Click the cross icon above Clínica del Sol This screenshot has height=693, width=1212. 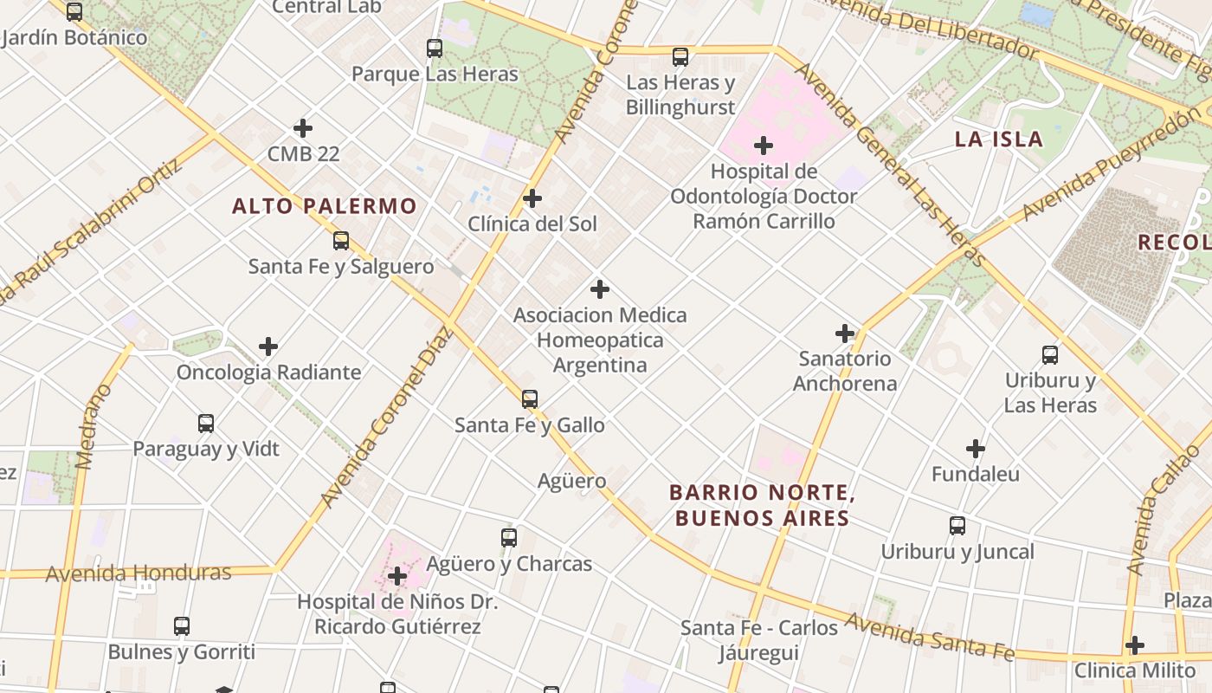click(x=532, y=198)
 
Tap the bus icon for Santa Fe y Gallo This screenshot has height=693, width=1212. click(x=530, y=399)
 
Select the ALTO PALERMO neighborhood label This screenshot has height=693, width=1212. click(x=325, y=206)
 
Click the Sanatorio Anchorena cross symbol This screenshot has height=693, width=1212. click(x=845, y=333)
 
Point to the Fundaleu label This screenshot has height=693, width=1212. click(x=976, y=474)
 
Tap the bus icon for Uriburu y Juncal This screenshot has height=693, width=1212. click(x=957, y=526)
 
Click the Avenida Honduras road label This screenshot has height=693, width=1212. click(x=139, y=573)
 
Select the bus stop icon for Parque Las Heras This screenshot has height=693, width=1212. click(x=435, y=49)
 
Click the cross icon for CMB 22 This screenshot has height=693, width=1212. click(x=303, y=128)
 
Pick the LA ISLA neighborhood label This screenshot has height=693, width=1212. click(x=998, y=139)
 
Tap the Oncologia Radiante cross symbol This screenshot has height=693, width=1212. click(x=268, y=346)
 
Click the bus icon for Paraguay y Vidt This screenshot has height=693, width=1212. click(x=206, y=424)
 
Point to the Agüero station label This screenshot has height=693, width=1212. click(x=571, y=481)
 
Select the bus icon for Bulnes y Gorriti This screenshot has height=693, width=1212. click(x=182, y=626)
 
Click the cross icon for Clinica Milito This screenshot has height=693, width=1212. click(x=1135, y=645)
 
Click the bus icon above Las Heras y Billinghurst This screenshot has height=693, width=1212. click(x=680, y=57)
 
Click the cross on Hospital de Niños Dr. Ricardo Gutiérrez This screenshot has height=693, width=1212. click(x=397, y=576)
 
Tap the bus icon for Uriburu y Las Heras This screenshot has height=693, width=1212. click(x=1050, y=354)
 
